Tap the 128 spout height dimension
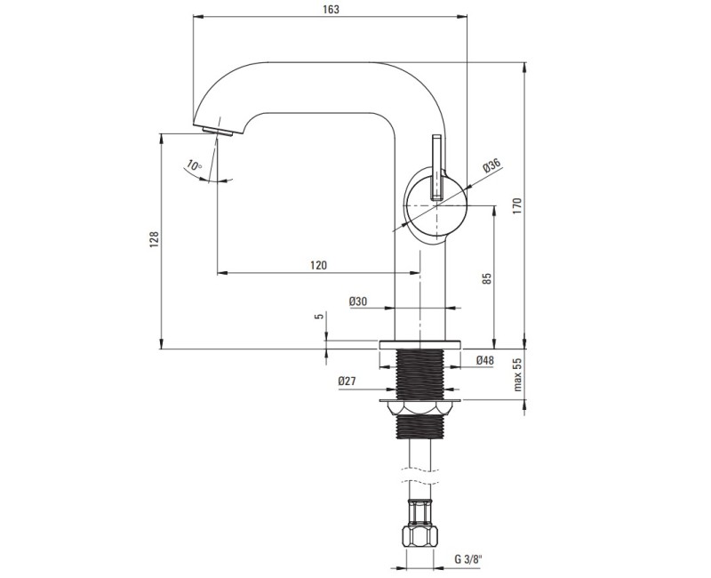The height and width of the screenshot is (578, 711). click(x=153, y=239)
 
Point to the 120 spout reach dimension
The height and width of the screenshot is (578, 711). click(x=318, y=265)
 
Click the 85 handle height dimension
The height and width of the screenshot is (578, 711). click(x=487, y=278)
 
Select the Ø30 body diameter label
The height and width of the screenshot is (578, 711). click(x=358, y=301)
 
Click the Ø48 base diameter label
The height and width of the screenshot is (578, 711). click(x=484, y=360)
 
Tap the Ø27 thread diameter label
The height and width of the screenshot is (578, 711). click(x=348, y=381)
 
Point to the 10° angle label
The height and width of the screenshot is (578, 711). click(x=194, y=165)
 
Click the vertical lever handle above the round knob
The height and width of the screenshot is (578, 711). click(x=436, y=165)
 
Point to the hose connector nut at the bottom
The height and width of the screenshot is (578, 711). click(x=420, y=536)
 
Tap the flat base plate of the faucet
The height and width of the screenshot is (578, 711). click(x=420, y=344)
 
